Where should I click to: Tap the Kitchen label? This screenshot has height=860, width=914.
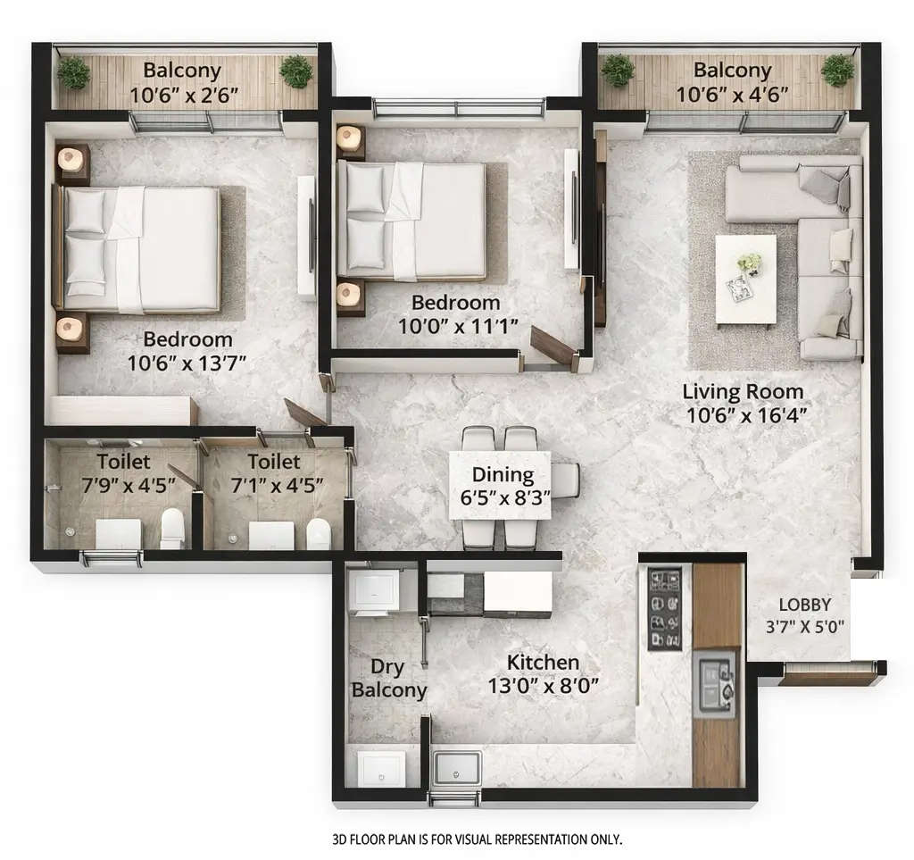click(x=543, y=663)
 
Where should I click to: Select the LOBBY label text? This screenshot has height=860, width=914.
click(x=804, y=604)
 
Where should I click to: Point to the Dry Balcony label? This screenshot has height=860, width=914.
click(x=389, y=679)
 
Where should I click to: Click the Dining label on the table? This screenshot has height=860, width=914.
click(x=503, y=474)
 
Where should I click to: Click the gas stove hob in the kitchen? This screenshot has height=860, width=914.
click(x=664, y=607)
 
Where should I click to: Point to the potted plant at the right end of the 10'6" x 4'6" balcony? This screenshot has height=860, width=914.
click(x=837, y=70)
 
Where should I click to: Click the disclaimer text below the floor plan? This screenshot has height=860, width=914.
click(x=477, y=839)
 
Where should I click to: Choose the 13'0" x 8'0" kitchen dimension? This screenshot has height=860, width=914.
click(x=543, y=686)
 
